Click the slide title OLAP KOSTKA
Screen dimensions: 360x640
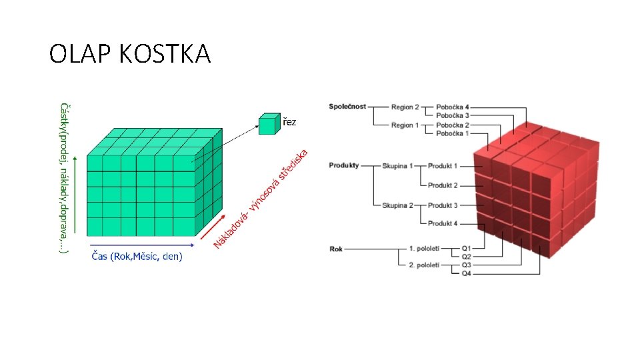[x=130, y=53]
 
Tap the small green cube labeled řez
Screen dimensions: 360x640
[x=268, y=124]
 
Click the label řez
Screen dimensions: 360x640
[x=289, y=122]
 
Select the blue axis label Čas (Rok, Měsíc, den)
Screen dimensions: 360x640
[x=137, y=256]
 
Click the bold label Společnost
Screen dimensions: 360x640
[x=347, y=107]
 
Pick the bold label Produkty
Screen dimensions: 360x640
[x=344, y=165]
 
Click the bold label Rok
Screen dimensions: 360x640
[x=336, y=249]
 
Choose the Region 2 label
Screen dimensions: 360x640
[x=405, y=107]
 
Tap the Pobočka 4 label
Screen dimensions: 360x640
[x=453, y=107]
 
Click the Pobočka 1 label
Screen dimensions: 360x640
[x=453, y=133]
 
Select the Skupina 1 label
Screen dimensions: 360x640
[x=398, y=165]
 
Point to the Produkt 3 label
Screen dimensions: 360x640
[x=443, y=205]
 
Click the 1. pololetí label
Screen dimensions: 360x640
[x=424, y=249]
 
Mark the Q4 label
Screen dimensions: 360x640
[x=466, y=273]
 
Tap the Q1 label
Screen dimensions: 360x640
[x=466, y=249]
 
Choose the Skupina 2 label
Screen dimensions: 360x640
[x=398, y=205]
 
